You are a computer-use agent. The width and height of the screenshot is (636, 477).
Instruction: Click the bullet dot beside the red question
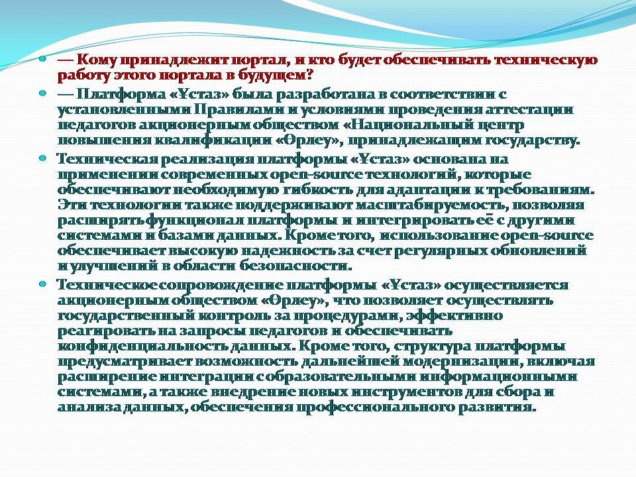click(42, 60)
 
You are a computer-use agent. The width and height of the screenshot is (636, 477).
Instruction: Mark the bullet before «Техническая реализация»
click(42, 158)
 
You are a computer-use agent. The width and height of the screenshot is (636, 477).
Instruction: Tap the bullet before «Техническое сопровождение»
click(42, 284)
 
